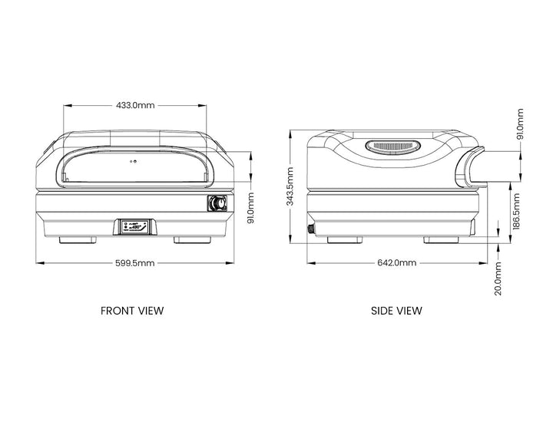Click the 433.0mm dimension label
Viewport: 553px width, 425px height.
pos(135,105)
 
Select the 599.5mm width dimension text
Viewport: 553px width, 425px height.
pos(135,263)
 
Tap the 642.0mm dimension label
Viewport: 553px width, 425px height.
pos(397,262)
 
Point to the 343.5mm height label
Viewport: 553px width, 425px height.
pos(290,186)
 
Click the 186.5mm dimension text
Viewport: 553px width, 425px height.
pos(516,211)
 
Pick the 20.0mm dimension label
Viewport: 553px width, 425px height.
pos(498,278)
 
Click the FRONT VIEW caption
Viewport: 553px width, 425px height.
pos(132,311)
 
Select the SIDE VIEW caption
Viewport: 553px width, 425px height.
pos(396,311)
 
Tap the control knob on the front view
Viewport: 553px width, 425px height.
pos(217,203)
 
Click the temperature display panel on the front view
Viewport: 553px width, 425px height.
pos(135,226)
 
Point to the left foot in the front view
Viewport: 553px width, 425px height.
pos(78,240)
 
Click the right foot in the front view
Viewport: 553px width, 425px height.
pos(192,240)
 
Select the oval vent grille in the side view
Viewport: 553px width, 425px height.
pos(393,146)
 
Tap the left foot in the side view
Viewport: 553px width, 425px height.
pos(345,240)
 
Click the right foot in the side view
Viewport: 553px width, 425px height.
pos(441,240)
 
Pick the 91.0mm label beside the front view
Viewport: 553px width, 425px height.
pos(250,208)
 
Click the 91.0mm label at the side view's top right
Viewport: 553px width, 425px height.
pos(520,124)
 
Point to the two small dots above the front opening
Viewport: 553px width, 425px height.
pos(133,161)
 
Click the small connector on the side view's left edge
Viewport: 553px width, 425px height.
pos(311,229)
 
